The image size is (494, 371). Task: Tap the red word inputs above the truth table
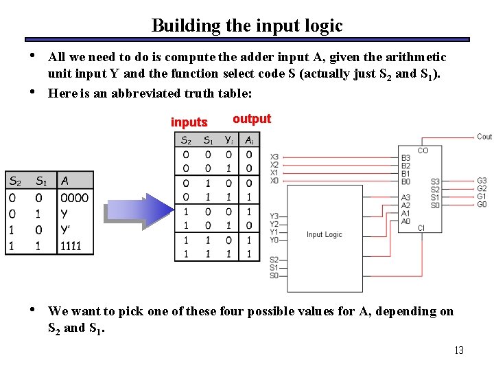pyautogui.click(x=189, y=122)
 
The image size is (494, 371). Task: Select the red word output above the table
pyautogui.click(x=252, y=119)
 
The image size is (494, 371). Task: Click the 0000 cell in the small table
pyautogui.click(x=74, y=198)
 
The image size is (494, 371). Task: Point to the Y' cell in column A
pyautogui.click(x=66, y=229)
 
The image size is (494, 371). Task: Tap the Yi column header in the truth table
pyautogui.click(x=228, y=140)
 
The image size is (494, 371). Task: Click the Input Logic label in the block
pyautogui.click(x=324, y=234)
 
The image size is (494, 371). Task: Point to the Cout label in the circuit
pyautogui.click(x=484, y=137)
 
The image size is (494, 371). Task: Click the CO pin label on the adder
pyautogui.click(x=423, y=150)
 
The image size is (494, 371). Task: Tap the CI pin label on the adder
pyautogui.click(x=421, y=228)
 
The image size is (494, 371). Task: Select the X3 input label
pyautogui.click(x=274, y=157)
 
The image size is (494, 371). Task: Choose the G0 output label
pyautogui.click(x=482, y=204)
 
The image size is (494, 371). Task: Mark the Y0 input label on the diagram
pyautogui.click(x=274, y=240)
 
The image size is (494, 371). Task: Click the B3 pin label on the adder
pyautogui.click(x=405, y=158)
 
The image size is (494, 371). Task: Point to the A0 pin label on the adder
pyautogui.click(x=405, y=221)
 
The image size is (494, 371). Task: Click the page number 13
pyautogui.click(x=459, y=350)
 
